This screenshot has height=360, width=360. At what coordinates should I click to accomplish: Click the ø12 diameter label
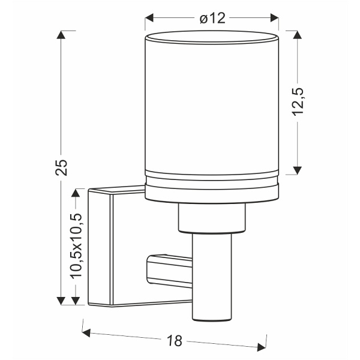click(212, 19)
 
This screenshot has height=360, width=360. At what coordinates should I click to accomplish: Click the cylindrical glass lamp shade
click(213, 105)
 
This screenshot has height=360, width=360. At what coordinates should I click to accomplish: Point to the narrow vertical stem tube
click(212, 276)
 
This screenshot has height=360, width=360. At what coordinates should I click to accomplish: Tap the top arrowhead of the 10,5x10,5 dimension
click(76, 193)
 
